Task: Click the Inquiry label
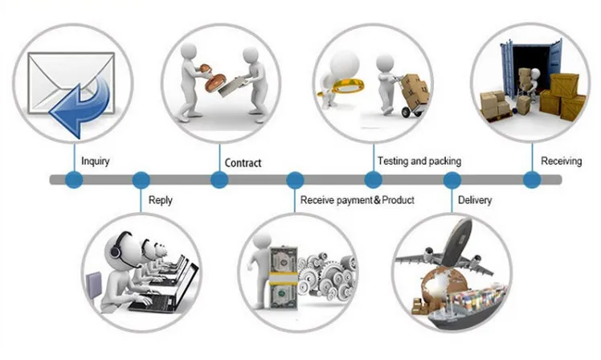coord(96,162)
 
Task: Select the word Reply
coord(160,201)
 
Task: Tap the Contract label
coord(243,163)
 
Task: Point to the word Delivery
coord(475,200)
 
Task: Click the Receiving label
coord(561,161)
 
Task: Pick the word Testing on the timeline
coord(392,161)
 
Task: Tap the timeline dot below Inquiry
coord(74,179)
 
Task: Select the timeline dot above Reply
coord(141,179)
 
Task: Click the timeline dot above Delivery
coord(452,179)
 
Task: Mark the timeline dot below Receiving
coord(532,179)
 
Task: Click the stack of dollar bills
coord(284,278)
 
